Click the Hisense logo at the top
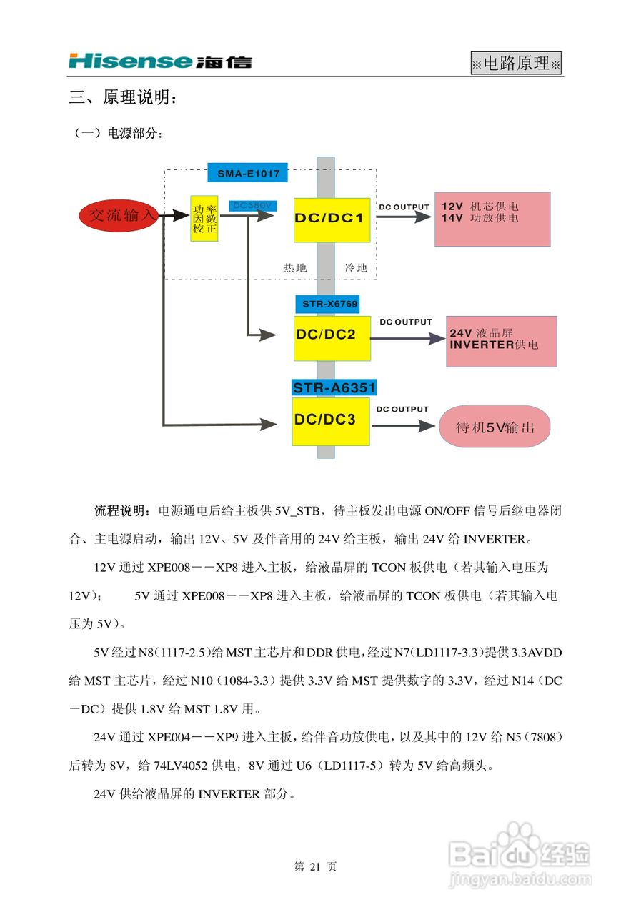160,61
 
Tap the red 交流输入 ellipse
120,214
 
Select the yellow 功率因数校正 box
204,219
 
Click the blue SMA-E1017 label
248,173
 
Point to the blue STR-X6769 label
327,304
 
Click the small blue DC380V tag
251,205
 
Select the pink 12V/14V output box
492,219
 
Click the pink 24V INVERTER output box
501,342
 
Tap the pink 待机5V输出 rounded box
495,427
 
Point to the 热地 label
294,267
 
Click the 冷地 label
356,267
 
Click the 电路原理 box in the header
516,64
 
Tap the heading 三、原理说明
122,98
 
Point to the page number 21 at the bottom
314,867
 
